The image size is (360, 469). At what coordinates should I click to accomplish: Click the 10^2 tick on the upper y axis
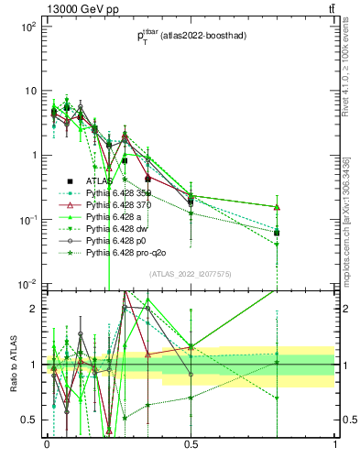[27, 27]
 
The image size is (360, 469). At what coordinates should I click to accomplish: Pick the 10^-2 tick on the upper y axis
[27, 284]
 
